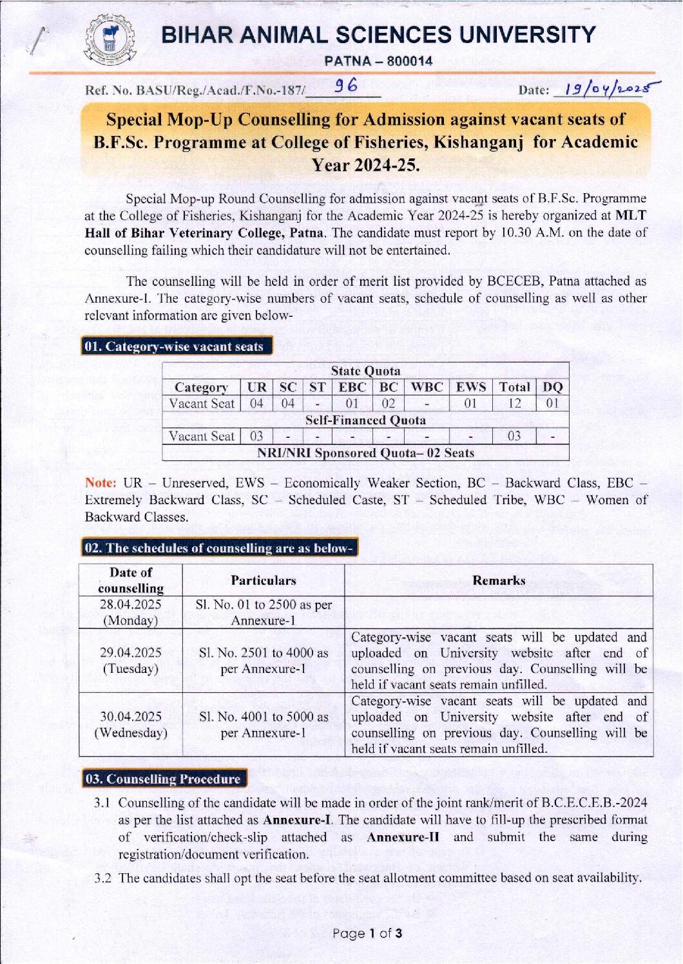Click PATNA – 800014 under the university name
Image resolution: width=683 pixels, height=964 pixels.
point(378,61)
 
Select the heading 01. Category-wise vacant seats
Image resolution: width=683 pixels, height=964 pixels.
point(175,346)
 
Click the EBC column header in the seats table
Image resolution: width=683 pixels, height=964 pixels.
point(352,387)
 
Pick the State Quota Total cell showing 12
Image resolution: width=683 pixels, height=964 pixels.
point(514,404)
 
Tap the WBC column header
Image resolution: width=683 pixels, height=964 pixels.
point(427,387)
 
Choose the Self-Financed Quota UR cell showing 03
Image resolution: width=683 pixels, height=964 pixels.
point(256,436)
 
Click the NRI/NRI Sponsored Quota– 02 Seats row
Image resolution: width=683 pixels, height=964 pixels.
point(365,453)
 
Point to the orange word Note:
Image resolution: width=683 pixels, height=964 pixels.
point(101,483)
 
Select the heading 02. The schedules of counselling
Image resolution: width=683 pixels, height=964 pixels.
point(219,548)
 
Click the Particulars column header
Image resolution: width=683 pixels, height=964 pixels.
point(264,580)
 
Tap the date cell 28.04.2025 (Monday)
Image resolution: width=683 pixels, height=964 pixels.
point(131,612)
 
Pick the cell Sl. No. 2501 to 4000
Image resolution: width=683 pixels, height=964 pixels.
point(264,661)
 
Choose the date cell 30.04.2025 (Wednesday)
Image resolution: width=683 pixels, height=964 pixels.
point(131,724)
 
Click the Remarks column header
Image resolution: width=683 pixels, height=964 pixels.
point(499,580)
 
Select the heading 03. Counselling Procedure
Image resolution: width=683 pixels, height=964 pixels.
point(163,779)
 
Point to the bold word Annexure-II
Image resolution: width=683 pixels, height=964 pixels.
point(403,837)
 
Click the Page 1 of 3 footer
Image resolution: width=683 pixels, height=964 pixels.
point(367,933)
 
